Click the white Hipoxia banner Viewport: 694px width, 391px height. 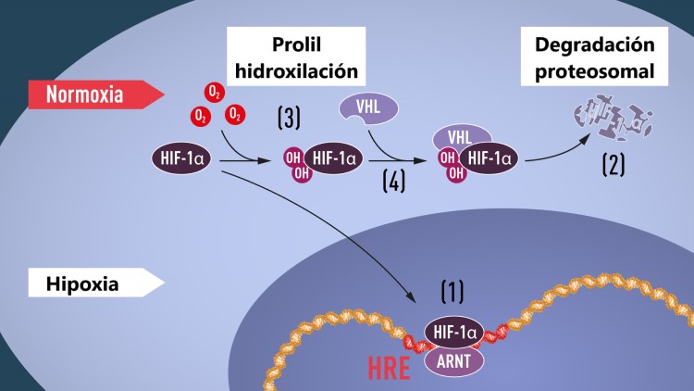click(88, 283)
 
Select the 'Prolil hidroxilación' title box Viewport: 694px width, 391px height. click(295, 57)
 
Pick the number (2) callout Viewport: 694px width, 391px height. click(613, 165)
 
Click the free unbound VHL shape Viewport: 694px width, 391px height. click(369, 108)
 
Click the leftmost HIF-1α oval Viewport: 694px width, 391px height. click(186, 158)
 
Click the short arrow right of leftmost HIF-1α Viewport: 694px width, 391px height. click(244, 158)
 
